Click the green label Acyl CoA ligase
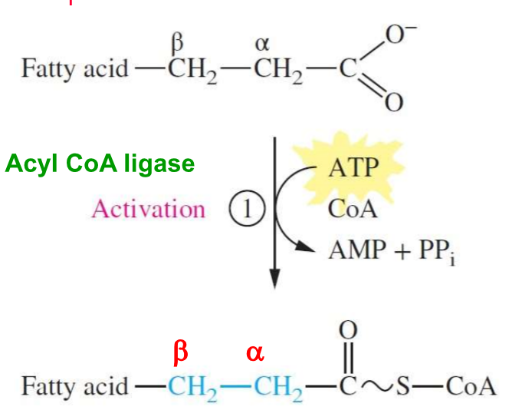(100, 164)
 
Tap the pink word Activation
(148, 209)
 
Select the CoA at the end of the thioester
(471, 385)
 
